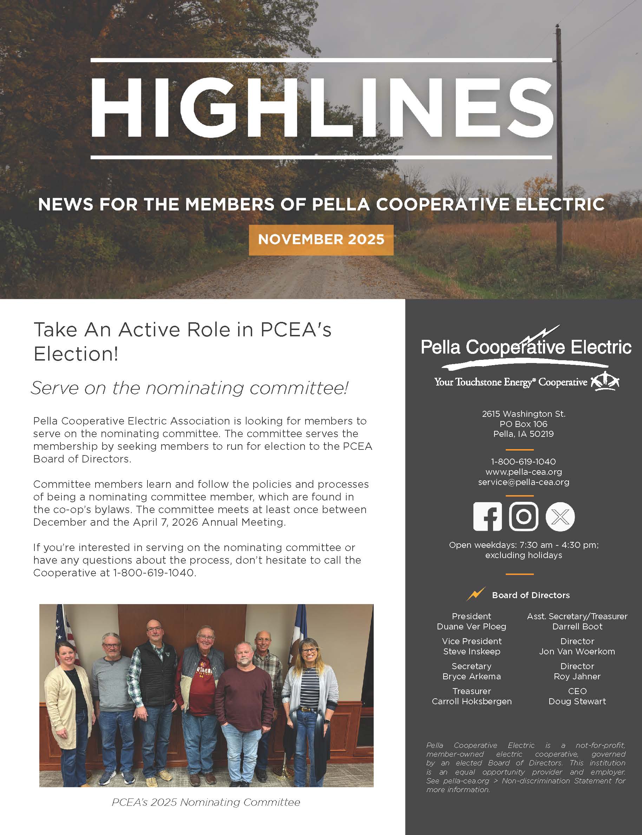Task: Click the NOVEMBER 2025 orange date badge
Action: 321,240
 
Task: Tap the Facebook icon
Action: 487,517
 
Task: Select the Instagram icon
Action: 524,517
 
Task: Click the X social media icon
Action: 560,517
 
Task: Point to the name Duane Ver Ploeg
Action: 471,627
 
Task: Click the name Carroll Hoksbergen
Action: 471,701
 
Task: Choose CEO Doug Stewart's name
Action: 577,701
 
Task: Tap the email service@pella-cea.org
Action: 524,482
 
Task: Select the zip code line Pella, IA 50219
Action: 524,434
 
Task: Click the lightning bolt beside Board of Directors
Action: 476,594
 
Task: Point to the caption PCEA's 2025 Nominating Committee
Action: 205,802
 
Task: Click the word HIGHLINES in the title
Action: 321,108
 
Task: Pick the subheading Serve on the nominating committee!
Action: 190,388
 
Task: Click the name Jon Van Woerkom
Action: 577,652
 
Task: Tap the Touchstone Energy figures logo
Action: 605,381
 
